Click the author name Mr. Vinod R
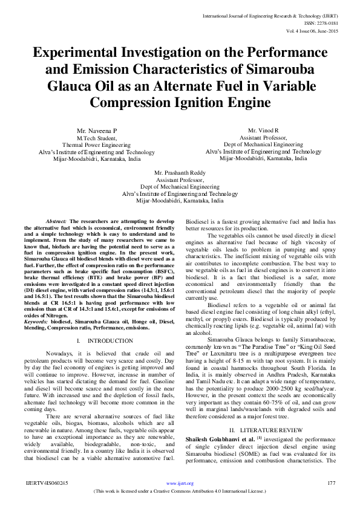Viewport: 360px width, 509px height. click(x=263, y=130)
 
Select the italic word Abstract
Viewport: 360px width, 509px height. click(x=56, y=222)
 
